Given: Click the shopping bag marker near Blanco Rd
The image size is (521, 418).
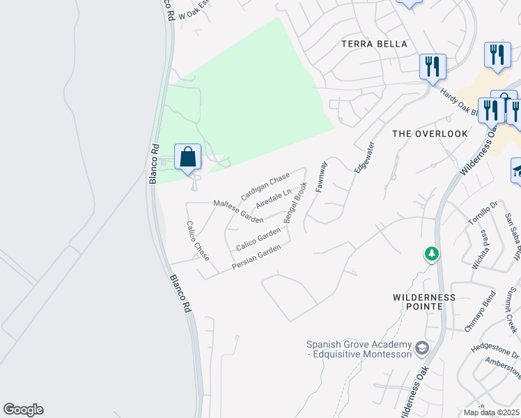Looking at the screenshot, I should pyautogui.click(x=188, y=157).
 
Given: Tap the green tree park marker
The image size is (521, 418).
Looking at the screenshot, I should pyautogui.click(x=433, y=254).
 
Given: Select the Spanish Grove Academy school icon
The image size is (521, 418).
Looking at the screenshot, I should pyautogui.click(x=421, y=347).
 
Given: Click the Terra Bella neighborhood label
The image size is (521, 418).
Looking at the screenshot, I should pyautogui.click(x=374, y=44).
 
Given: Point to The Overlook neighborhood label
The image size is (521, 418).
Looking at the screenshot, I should pyautogui.click(x=430, y=133).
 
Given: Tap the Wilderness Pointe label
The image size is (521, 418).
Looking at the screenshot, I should pyautogui.click(x=424, y=302).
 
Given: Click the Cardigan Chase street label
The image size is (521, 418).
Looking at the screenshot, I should pyautogui.click(x=265, y=187).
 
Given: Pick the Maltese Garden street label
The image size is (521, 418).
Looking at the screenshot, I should pyautogui.click(x=238, y=210).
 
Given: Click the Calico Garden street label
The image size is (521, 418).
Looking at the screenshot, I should pyautogui.click(x=258, y=240).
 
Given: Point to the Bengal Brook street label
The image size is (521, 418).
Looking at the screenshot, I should pyautogui.click(x=295, y=201).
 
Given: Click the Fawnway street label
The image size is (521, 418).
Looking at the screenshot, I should pyautogui.click(x=321, y=177).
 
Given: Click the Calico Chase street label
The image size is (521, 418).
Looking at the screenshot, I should pyautogui.click(x=197, y=240).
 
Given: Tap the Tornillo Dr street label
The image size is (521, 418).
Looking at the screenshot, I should pyautogui.click(x=481, y=212).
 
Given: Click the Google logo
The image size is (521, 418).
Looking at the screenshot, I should pyautogui.click(x=23, y=410).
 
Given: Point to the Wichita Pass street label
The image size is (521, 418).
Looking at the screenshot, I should pyautogui.click(x=481, y=249).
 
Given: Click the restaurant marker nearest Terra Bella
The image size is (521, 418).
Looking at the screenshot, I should pyautogui.click(x=433, y=68).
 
